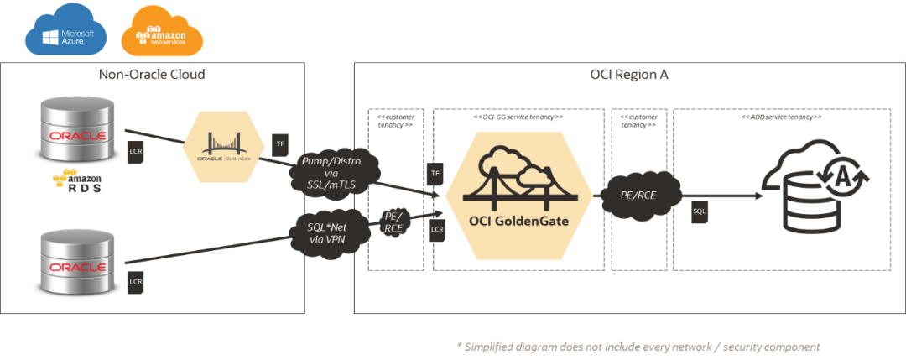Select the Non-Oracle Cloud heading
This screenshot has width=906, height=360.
151,75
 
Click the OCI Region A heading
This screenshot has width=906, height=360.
629,75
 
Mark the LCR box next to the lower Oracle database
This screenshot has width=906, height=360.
136,281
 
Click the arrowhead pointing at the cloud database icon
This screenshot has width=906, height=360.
760,196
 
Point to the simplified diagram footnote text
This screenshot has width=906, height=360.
638,346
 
